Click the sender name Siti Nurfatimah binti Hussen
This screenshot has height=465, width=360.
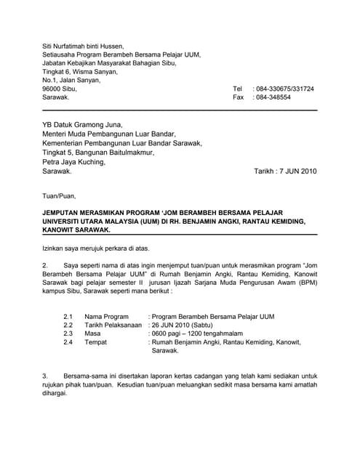click(88, 46)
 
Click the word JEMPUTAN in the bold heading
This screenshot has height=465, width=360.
click(63, 211)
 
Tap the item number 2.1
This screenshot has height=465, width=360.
click(68, 318)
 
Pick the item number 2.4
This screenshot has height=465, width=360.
click(68, 341)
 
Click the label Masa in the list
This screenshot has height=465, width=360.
click(93, 333)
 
